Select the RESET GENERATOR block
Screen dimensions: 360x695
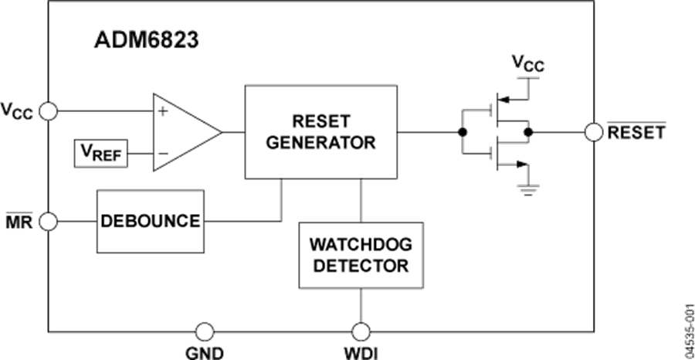(322, 132)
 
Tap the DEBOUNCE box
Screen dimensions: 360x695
(150, 221)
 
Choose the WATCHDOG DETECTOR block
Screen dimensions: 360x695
(361, 256)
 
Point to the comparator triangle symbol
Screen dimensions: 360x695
(185, 132)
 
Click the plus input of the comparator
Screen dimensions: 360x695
(163, 112)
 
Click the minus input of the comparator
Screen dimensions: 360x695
(163, 154)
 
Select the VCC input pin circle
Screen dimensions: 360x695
(49, 112)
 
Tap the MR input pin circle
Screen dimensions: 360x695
(49, 222)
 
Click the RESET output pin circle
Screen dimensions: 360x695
(594, 132)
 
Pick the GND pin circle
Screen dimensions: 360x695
(204, 332)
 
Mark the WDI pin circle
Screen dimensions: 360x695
(361, 332)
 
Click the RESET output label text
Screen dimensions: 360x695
(636, 132)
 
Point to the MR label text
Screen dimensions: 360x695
(19, 222)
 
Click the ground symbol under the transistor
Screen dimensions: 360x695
(528, 186)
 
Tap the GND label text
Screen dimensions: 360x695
(204, 353)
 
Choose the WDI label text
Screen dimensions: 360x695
(361, 353)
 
